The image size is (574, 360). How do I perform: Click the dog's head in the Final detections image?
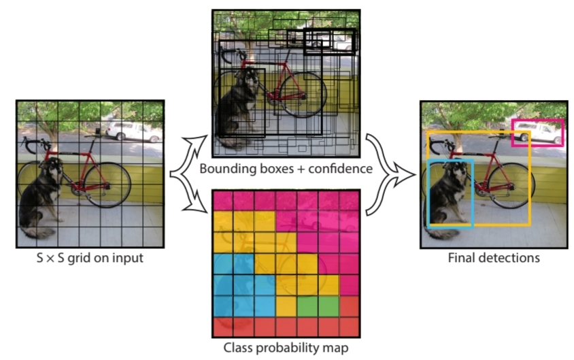[455, 171]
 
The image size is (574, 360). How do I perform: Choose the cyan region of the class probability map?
[235, 286]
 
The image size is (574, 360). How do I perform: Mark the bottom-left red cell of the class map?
[224, 327]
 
